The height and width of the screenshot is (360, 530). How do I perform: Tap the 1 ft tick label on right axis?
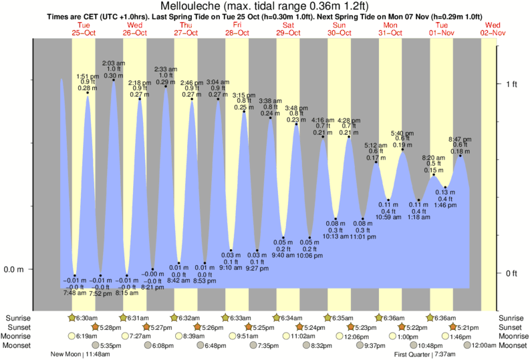(512, 83)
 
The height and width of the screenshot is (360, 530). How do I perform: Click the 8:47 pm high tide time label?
(460, 139)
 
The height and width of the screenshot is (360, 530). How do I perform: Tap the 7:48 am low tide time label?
(74, 293)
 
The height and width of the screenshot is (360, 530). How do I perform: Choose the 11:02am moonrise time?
(302, 336)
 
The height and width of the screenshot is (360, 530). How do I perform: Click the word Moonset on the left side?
(19, 345)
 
